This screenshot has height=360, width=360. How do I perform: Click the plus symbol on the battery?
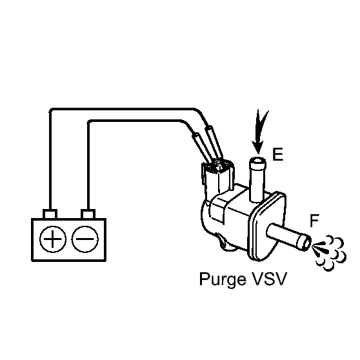pyautogui.click(x=53, y=239)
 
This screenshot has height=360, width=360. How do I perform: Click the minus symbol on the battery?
pyautogui.click(x=85, y=239)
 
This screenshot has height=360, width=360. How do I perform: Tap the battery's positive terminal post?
pyautogui.click(x=50, y=214)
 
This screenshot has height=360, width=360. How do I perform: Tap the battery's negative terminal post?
pyautogui.click(x=88, y=214)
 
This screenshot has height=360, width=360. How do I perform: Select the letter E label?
pyautogui.click(x=277, y=154)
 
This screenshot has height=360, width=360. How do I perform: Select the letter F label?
pyautogui.click(x=314, y=221)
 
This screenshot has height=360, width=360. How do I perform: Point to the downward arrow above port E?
pyautogui.click(x=259, y=132)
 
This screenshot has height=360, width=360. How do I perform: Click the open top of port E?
pyautogui.click(x=258, y=160)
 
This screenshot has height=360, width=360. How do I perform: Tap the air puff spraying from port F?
pyautogui.click(x=329, y=252)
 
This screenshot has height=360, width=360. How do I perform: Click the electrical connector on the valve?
pyautogui.click(x=217, y=177)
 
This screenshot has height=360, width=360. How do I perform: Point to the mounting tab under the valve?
pyautogui.click(x=226, y=243)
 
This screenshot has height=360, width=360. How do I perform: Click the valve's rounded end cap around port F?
pyautogui.click(x=266, y=226)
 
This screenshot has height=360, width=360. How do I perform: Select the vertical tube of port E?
pyautogui.click(x=257, y=180)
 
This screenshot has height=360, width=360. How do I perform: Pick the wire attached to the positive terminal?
pyautogui.click(x=124, y=109)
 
